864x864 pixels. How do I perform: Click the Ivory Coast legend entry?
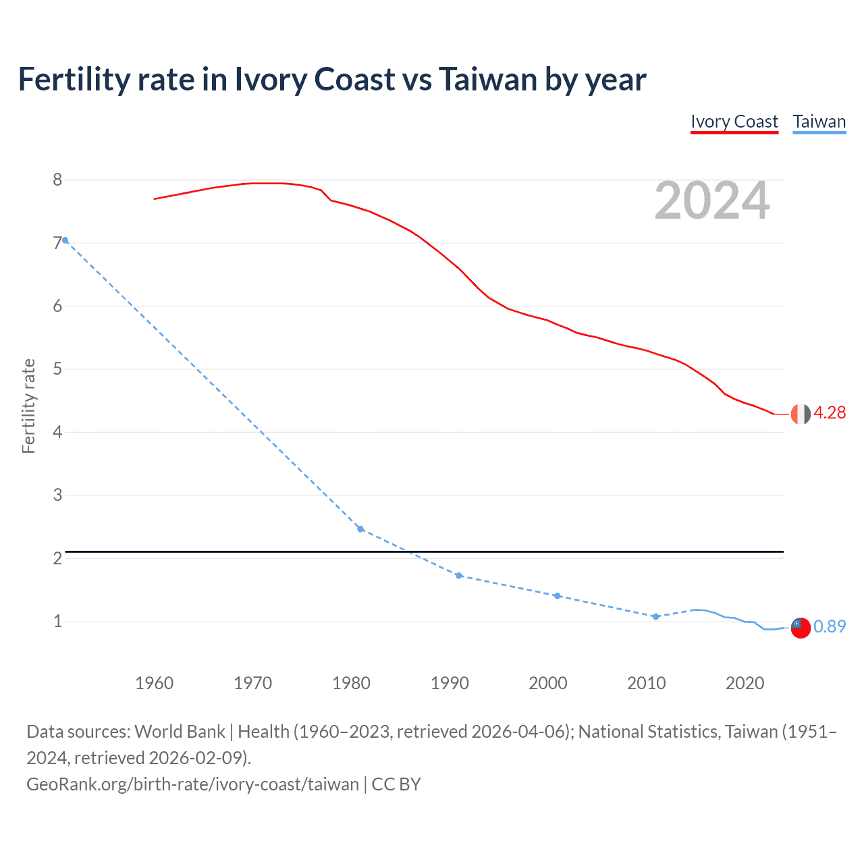734,122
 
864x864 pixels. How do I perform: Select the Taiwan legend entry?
819,122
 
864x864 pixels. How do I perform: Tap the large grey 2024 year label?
711,200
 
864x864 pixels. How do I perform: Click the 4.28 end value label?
830,412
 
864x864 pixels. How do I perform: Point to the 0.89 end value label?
830,626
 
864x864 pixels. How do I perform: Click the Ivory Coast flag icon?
801,414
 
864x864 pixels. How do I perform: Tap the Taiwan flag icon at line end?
801,627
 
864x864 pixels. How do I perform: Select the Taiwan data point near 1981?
360,529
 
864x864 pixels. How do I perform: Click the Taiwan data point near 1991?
459,576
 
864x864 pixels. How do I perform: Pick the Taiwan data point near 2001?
557,596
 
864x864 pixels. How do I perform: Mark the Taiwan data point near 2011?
655,617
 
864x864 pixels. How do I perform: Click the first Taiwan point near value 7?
65,240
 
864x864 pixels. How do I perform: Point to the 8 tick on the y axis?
57,180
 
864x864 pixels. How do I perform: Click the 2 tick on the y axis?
57,558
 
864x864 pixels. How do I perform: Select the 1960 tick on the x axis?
154,683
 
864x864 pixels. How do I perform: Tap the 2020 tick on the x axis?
745,683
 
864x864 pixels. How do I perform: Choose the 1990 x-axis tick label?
450,683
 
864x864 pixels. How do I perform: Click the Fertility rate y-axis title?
28,406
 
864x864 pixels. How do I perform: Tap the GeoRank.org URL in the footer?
192,784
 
